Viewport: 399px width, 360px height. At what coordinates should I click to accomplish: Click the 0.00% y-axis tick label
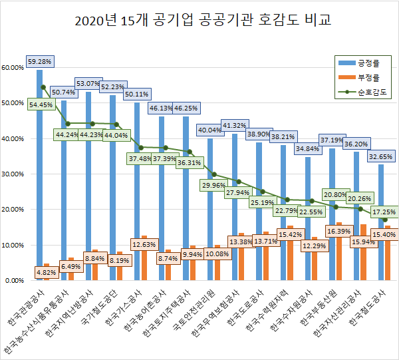coord(15,280)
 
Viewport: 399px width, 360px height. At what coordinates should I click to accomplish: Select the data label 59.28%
coord(39,61)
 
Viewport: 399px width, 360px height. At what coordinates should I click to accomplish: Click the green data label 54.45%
coord(41,104)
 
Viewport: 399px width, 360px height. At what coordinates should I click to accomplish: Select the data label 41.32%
coord(234,125)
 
